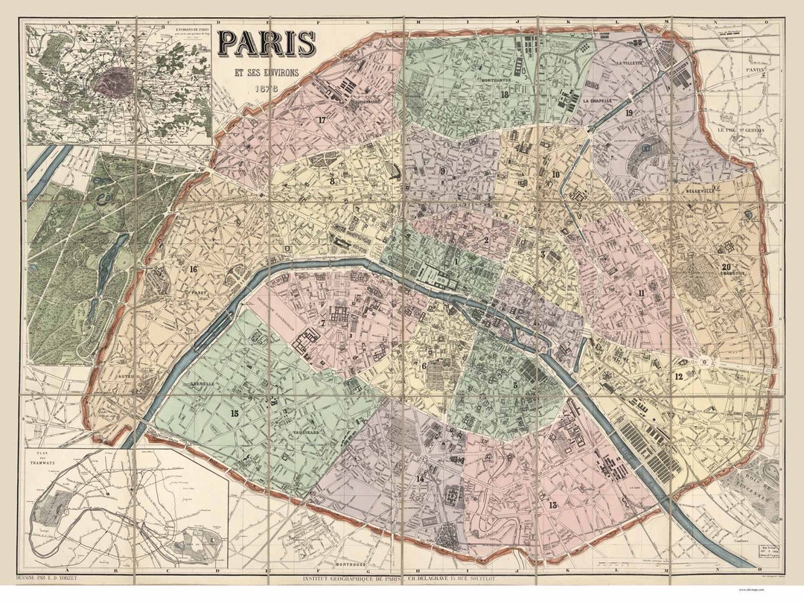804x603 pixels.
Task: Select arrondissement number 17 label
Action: pos(322,120)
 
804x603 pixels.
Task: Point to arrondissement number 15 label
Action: pos(234,414)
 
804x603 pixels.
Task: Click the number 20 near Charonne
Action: pos(727,268)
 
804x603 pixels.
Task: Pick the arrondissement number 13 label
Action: pos(552,505)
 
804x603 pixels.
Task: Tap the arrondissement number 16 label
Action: pos(194,269)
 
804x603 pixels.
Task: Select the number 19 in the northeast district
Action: pos(629,113)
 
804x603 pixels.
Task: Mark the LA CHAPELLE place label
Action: pos(598,100)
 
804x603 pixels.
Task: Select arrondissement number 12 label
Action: pos(678,377)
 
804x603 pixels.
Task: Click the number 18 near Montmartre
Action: pos(505,95)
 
